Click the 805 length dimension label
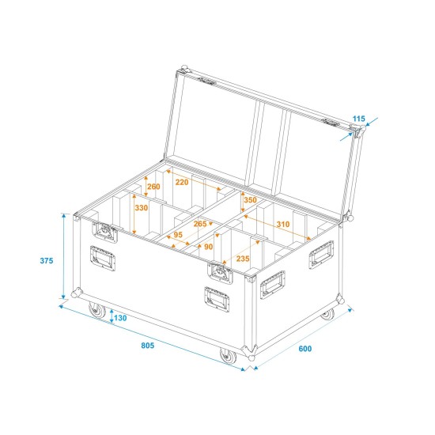pyautogui.click(x=147, y=345)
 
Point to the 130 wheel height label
pyautogui.click(x=120, y=318)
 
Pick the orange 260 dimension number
pyautogui.click(x=153, y=187)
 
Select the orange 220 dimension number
pyautogui.click(x=183, y=181)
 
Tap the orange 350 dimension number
pyautogui.click(x=250, y=201)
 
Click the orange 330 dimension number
pyautogui.click(x=142, y=208)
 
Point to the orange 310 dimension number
pyautogui.click(x=282, y=224)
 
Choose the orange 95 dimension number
pyautogui.click(x=178, y=235)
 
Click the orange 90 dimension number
pyautogui.click(x=209, y=247)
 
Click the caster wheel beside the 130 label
pyautogui.click(x=96, y=312)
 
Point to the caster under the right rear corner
pyautogui.click(x=327, y=316)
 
